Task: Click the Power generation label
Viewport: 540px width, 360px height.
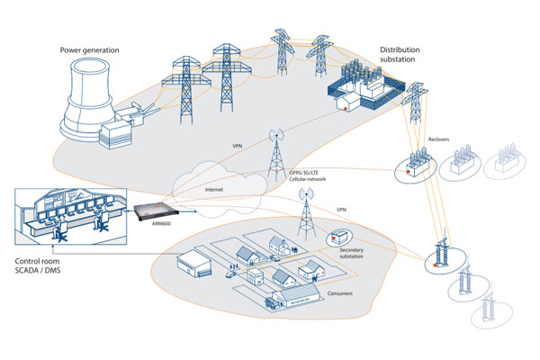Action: pyautogui.click(x=88, y=49)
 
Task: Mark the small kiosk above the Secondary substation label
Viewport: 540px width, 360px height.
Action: pyautogui.click(x=337, y=238)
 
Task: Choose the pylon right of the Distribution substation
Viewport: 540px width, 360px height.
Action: pyautogui.click(x=417, y=99)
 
